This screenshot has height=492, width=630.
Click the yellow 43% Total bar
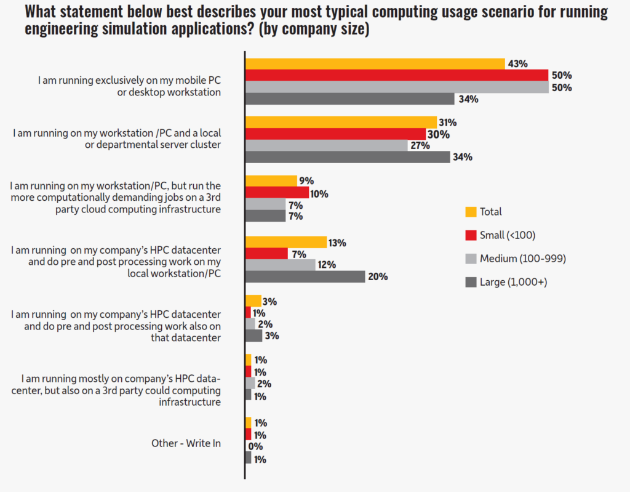[x=375, y=63]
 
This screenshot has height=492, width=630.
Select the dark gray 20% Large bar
[x=305, y=276]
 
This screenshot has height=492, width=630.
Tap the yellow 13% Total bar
[x=286, y=242]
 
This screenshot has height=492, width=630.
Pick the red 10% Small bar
[x=277, y=193]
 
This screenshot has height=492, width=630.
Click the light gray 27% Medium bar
[x=326, y=146]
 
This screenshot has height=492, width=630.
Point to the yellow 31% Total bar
[x=341, y=122]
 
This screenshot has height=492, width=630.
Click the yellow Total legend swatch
[x=471, y=212]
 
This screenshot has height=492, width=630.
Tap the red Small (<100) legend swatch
[x=471, y=235]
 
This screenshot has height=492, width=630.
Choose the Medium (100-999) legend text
[x=522, y=259]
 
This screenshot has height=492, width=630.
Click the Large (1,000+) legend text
[x=514, y=282]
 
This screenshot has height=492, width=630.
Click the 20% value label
[x=378, y=277]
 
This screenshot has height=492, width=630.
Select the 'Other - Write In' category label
[x=186, y=443]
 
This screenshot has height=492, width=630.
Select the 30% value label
[x=439, y=134]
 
